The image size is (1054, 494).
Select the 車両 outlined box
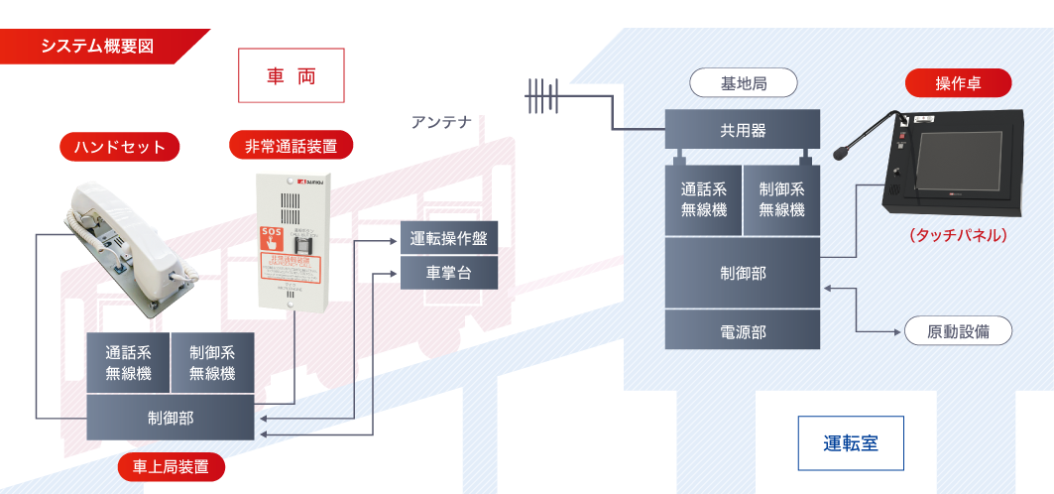(292, 75)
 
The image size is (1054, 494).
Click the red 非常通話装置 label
(291, 146)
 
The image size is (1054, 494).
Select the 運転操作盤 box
(448, 238)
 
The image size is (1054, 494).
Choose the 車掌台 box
(448, 272)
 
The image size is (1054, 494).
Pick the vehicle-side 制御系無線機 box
(211, 362)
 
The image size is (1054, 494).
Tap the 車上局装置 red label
(171, 467)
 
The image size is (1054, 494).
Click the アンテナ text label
(441, 122)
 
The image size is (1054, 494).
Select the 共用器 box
(742, 130)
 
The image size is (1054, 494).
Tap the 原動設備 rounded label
(957, 330)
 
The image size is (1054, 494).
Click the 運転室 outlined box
(850, 442)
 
